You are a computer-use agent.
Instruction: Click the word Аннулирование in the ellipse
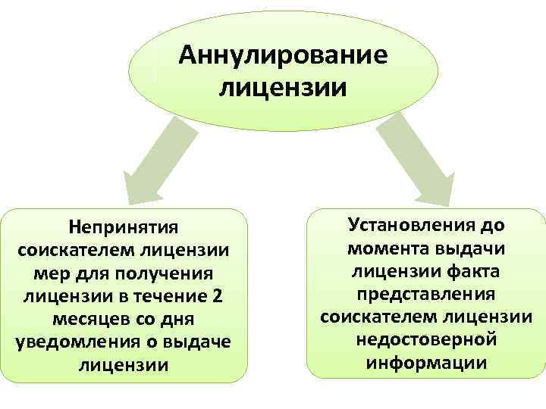[283, 56]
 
